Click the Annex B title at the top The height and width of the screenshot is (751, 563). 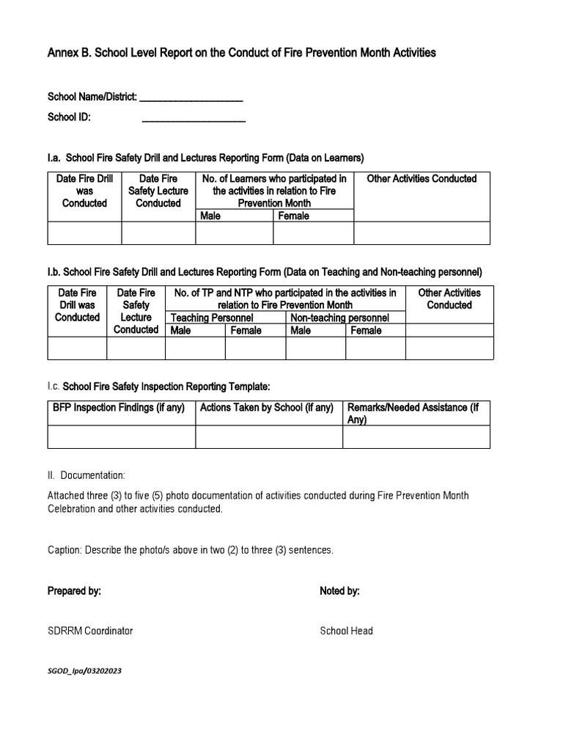click(x=242, y=53)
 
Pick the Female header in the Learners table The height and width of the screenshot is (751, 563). click(x=293, y=216)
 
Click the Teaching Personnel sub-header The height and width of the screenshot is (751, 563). click(x=212, y=318)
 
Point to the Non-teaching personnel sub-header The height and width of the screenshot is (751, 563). click(x=339, y=318)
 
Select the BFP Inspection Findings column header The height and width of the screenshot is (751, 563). click(x=119, y=408)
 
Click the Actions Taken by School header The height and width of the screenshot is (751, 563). click(x=267, y=408)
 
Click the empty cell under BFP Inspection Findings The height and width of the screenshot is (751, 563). click(x=121, y=436)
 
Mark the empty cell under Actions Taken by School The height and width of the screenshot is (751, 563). click(x=268, y=436)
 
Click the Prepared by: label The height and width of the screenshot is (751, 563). click(x=74, y=591)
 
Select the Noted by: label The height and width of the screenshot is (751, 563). click(x=339, y=591)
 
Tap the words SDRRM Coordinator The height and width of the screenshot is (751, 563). click(x=90, y=631)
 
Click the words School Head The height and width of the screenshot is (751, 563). click(x=346, y=631)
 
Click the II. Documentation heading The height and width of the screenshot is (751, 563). click(x=87, y=475)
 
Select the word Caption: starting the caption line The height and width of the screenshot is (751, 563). click(x=65, y=550)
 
